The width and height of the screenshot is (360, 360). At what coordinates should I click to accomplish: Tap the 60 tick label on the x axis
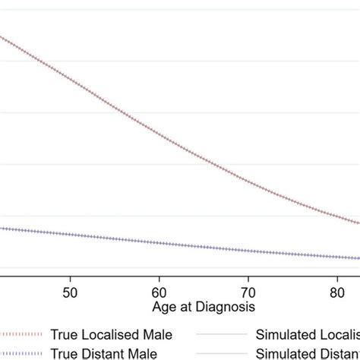pyautogui.click(x=159, y=292)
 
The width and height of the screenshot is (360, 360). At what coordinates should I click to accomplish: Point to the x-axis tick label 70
pyautogui.click(x=248, y=292)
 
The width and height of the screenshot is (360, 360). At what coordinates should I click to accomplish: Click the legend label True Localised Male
pyautogui.click(x=112, y=335)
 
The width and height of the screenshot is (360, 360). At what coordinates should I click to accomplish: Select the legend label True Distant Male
pyautogui.click(x=104, y=353)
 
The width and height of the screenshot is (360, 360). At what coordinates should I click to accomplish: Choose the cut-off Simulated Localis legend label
pyautogui.click(x=308, y=335)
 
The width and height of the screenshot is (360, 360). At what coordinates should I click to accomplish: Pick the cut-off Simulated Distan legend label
pyautogui.click(x=308, y=353)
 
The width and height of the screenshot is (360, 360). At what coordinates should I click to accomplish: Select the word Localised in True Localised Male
pyautogui.click(x=111, y=335)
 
